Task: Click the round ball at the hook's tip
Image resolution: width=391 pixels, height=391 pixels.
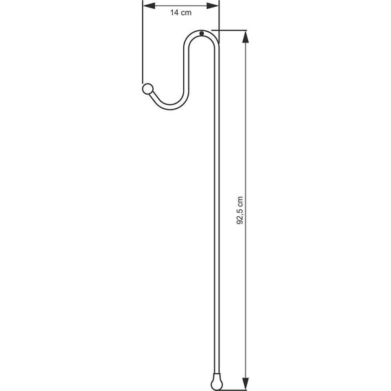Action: click(x=147, y=88)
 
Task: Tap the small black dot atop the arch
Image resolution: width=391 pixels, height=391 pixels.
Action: click(x=202, y=35)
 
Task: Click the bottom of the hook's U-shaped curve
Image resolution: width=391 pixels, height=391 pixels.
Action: click(x=168, y=106)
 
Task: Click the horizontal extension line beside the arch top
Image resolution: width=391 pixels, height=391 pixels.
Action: click(x=230, y=30)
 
